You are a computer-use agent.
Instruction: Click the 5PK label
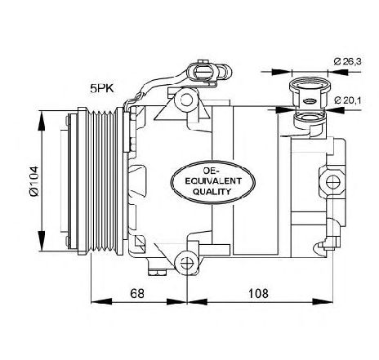(x=102, y=88)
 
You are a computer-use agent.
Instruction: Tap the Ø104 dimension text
(x=34, y=181)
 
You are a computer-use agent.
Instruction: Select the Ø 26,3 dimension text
(x=348, y=62)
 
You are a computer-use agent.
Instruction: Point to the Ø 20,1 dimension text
(x=348, y=100)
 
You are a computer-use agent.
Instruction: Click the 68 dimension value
(x=137, y=294)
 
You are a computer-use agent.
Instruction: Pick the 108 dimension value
(x=258, y=294)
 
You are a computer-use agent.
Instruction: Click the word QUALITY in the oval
(x=212, y=192)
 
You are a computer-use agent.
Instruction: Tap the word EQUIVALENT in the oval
(x=213, y=181)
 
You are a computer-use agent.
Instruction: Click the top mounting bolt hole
(x=187, y=100)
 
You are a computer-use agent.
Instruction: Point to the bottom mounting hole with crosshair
(x=187, y=263)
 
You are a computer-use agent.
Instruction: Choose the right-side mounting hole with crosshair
(x=333, y=182)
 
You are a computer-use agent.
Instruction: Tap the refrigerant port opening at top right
(x=310, y=85)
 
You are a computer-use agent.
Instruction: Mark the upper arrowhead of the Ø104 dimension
(x=42, y=121)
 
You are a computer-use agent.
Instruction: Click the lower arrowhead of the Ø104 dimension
(x=42, y=241)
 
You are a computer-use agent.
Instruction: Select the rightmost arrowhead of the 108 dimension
(x=323, y=301)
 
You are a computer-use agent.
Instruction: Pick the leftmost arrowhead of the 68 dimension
(x=101, y=301)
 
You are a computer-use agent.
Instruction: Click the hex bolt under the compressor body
(x=157, y=272)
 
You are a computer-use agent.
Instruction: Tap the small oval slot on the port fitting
(x=310, y=101)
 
